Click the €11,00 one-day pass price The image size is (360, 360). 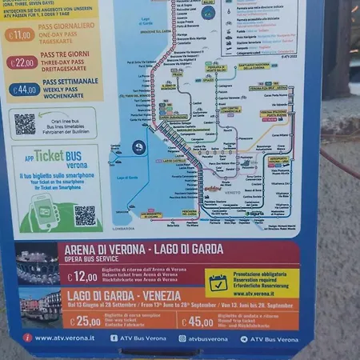pyautogui.click(x=20, y=35)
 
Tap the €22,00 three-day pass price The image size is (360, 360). pyautogui.click(x=22, y=62)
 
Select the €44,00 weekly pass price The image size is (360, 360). pyautogui.click(x=24, y=90)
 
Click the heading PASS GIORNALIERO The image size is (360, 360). pyautogui.click(x=68, y=26)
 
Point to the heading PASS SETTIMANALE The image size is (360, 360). pyautogui.click(x=70, y=82)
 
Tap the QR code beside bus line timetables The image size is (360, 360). pyautogui.click(x=26, y=123)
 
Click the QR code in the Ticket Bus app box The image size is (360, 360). pyautogui.click(x=85, y=214)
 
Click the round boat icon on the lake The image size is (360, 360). pyautogui.click(x=138, y=147)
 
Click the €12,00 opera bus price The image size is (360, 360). pyautogui.click(x=82, y=277)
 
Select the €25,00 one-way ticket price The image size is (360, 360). pyautogui.click(x=84, y=322)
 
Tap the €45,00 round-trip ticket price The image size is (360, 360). pyautogui.click(x=197, y=322)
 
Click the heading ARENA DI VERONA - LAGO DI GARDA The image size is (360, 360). pyautogui.click(x=142, y=249)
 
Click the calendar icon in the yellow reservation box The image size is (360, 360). pyautogui.click(x=218, y=282)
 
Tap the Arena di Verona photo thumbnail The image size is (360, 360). pyautogui.click(x=38, y=264)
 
